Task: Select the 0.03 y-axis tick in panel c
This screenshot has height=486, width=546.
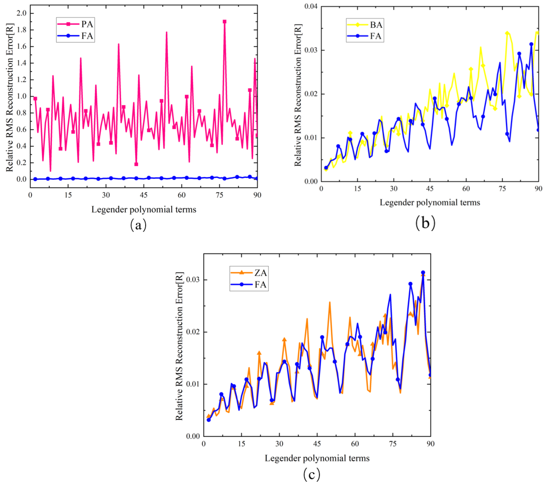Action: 193,280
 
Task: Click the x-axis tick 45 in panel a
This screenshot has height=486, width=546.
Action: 144,195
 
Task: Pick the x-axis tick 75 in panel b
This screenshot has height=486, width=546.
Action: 502,189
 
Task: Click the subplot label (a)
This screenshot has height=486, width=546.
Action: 138,225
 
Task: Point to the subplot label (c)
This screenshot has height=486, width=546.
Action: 312,474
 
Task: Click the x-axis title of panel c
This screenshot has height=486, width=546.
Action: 317,458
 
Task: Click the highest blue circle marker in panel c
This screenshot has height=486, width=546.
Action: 423,273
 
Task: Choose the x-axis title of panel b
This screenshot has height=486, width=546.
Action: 430,202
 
